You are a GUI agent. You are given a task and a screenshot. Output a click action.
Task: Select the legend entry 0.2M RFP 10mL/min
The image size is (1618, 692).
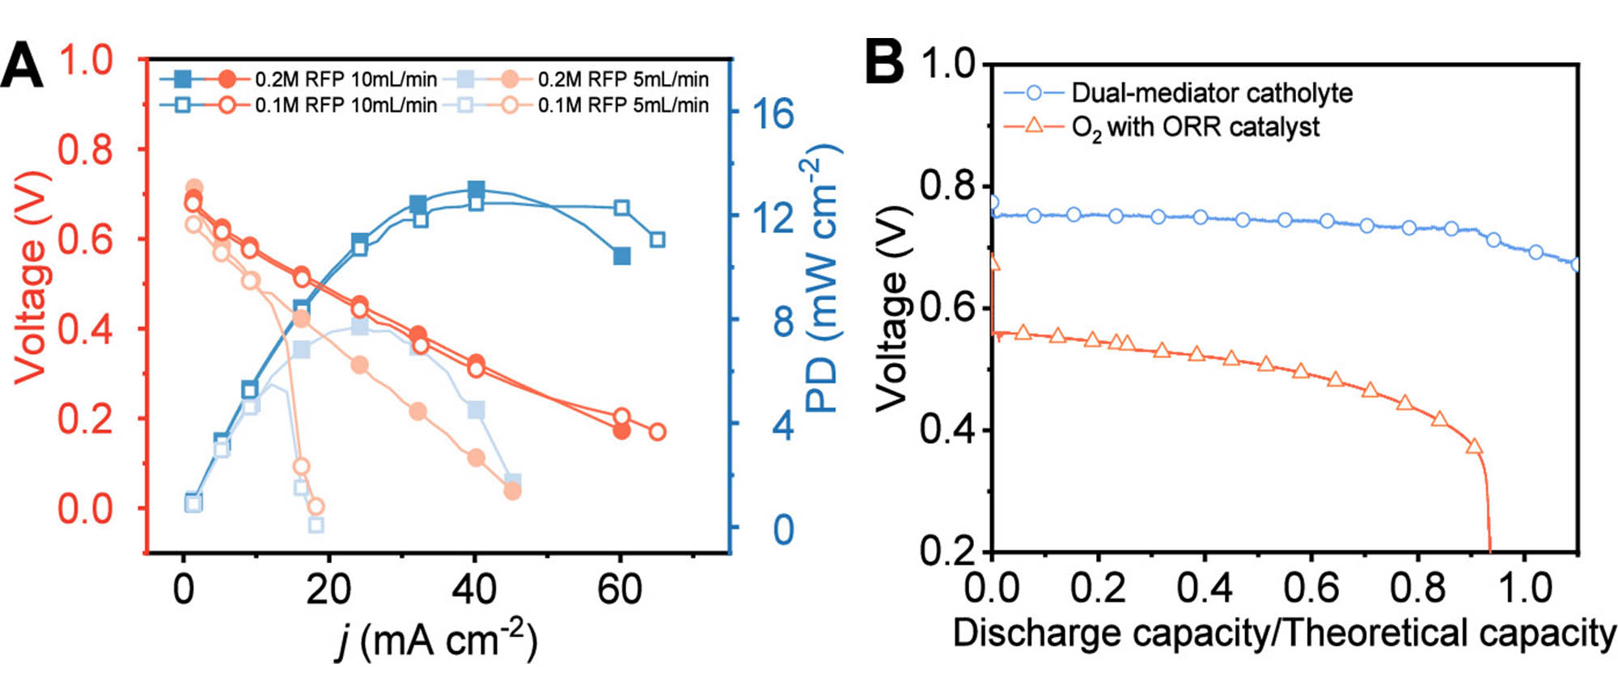[345, 79]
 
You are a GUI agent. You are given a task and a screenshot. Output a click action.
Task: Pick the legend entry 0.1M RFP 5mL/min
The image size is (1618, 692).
[623, 105]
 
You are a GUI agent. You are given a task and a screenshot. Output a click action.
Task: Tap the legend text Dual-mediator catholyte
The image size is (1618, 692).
[1211, 93]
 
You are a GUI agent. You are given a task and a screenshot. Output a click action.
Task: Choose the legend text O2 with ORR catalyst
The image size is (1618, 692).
[1195, 128]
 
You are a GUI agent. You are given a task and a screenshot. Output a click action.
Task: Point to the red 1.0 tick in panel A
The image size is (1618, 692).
[85, 61]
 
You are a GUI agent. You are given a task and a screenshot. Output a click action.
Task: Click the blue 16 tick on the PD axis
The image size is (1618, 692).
[773, 114]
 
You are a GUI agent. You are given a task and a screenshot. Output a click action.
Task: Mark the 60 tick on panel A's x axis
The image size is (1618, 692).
[620, 589]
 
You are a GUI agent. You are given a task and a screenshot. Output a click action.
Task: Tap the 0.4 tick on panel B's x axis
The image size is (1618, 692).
[1205, 588]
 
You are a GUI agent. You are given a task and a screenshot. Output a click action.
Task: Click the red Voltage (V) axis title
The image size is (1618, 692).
[31, 277]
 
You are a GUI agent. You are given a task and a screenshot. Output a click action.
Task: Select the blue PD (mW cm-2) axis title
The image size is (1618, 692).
[822, 277]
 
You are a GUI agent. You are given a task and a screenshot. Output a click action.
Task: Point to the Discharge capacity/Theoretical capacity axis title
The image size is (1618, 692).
[1284, 633]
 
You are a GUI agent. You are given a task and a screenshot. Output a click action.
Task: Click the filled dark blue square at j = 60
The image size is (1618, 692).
[621, 256]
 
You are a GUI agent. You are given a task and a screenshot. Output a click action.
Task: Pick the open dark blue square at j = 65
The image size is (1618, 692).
[658, 239]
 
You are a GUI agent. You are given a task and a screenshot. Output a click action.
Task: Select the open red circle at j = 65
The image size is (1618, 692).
[658, 432]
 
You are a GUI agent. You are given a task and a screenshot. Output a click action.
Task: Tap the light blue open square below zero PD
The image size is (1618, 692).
[316, 525]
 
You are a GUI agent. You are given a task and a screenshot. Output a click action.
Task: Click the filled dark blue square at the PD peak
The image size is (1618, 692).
[477, 190]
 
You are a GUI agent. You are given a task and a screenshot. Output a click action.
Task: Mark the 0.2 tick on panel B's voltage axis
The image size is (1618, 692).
[948, 551]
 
